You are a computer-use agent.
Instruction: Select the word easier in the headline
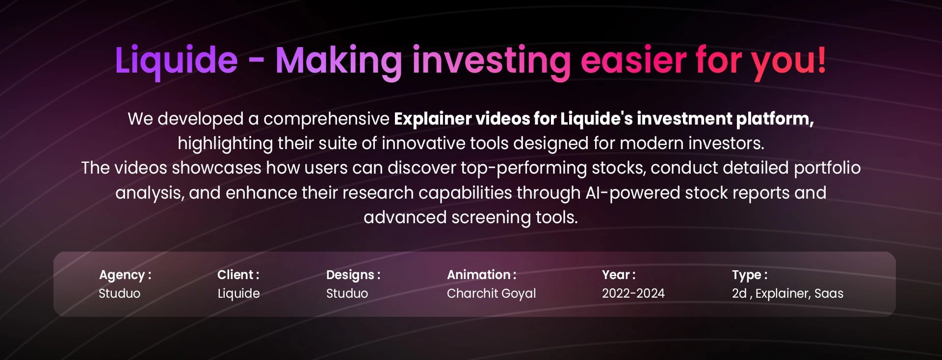(x=633, y=60)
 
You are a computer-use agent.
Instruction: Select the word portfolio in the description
(x=827, y=168)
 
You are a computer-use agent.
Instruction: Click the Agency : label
(x=125, y=275)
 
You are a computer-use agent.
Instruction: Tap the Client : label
(x=238, y=275)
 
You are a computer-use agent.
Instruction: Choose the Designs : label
(x=353, y=275)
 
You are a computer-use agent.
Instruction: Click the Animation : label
(x=481, y=275)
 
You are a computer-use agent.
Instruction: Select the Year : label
(x=619, y=275)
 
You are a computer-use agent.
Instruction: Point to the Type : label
(x=750, y=275)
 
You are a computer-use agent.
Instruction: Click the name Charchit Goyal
(x=491, y=294)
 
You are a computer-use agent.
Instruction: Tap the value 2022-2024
(x=633, y=293)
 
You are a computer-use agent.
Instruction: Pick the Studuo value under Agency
(x=120, y=293)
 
